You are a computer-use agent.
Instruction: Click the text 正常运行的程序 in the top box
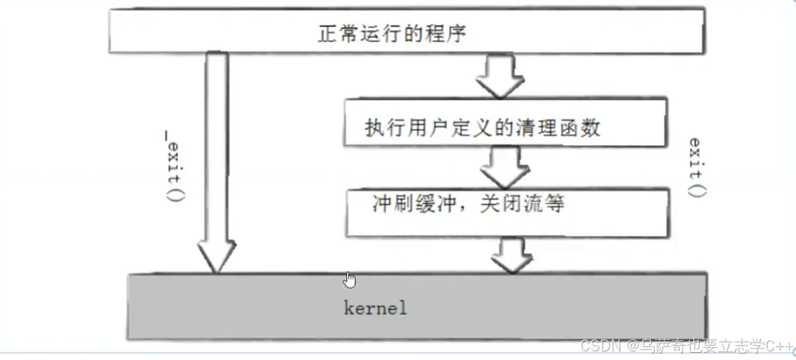tap(393, 33)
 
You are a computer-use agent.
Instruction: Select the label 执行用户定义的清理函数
tap(483, 128)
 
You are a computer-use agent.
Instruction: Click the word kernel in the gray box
tap(375, 309)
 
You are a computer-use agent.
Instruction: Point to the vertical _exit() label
tap(172, 164)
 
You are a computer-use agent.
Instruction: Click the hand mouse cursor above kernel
tap(349, 279)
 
